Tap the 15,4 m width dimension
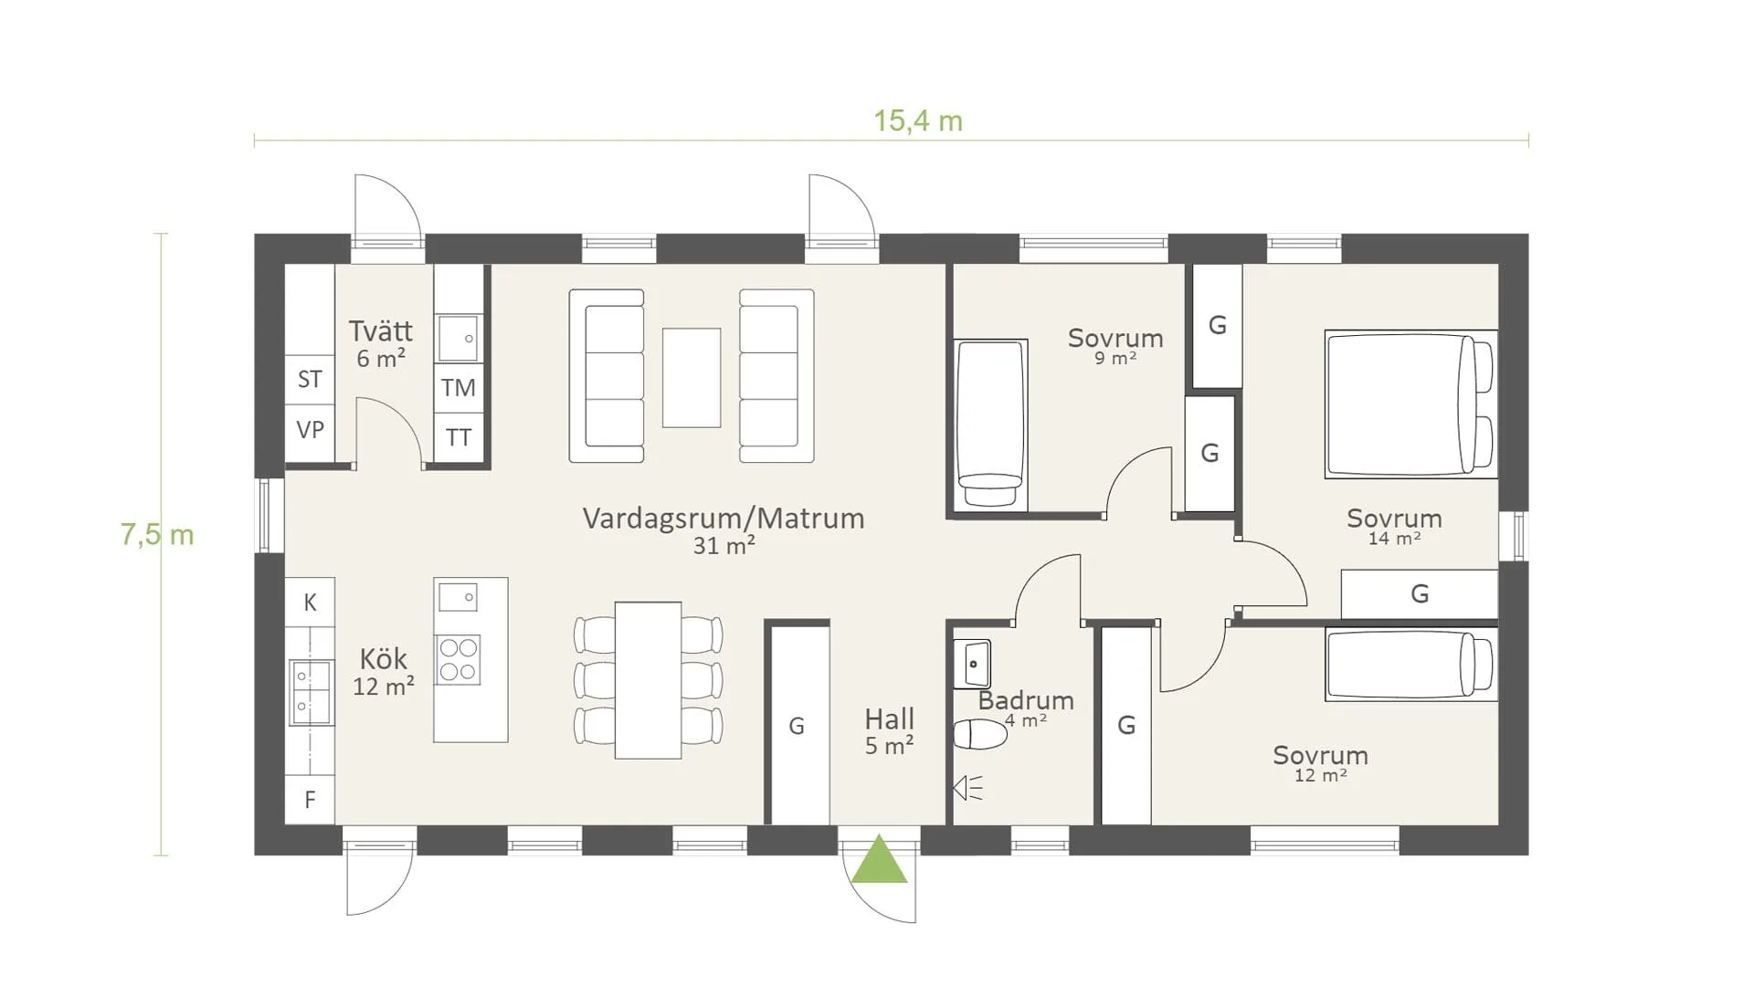pos(918,121)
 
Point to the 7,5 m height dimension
pos(157,534)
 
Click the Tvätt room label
pos(380,330)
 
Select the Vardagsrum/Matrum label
pos(724,519)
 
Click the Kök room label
pos(384,658)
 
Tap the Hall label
pos(889,719)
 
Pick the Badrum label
pos(1026,700)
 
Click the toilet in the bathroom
pos(980,734)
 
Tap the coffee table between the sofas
pos(692,378)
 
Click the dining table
pos(648,680)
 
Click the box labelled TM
pos(459,388)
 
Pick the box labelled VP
pos(310,430)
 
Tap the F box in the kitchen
pos(310,800)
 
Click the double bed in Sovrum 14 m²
pos(1411,404)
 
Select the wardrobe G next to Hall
pos(797,726)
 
